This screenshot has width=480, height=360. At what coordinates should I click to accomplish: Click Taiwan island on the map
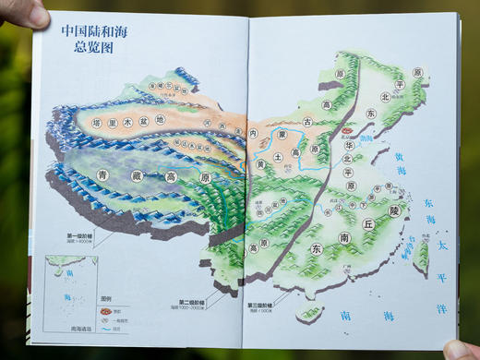point(423,257)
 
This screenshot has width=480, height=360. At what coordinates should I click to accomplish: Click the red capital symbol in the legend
point(104,310)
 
